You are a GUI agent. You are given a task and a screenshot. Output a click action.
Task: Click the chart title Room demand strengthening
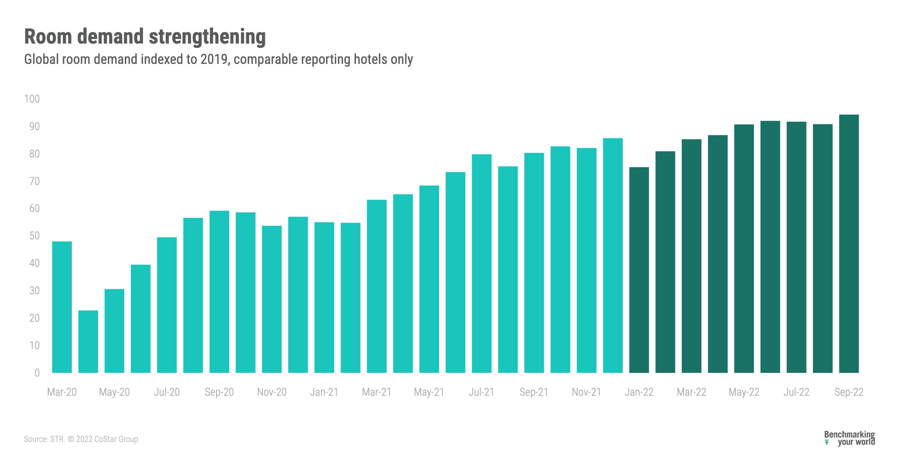(145, 37)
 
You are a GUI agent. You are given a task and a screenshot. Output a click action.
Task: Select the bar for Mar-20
(62, 307)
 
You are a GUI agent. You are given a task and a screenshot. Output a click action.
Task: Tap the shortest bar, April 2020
(88, 342)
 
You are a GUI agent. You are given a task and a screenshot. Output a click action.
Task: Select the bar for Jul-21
(481, 263)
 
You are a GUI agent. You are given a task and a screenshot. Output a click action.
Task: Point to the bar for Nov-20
(272, 299)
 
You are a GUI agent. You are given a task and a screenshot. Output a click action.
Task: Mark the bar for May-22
(744, 248)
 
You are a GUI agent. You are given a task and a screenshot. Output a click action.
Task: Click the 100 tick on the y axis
(32, 99)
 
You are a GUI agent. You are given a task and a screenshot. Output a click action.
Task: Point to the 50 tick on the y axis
(34, 236)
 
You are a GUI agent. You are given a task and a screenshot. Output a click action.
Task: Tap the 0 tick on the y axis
(37, 373)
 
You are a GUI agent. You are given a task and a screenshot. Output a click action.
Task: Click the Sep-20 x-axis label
(219, 392)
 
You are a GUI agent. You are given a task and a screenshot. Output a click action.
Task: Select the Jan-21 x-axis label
(324, 392)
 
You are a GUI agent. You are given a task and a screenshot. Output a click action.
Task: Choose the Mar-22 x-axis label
(691, 392)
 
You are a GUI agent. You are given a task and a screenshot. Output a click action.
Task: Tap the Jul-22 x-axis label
(796, 392)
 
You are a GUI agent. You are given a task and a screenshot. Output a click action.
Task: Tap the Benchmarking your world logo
(849, 438)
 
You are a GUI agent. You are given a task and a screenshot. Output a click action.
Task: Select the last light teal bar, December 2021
(613, 256)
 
